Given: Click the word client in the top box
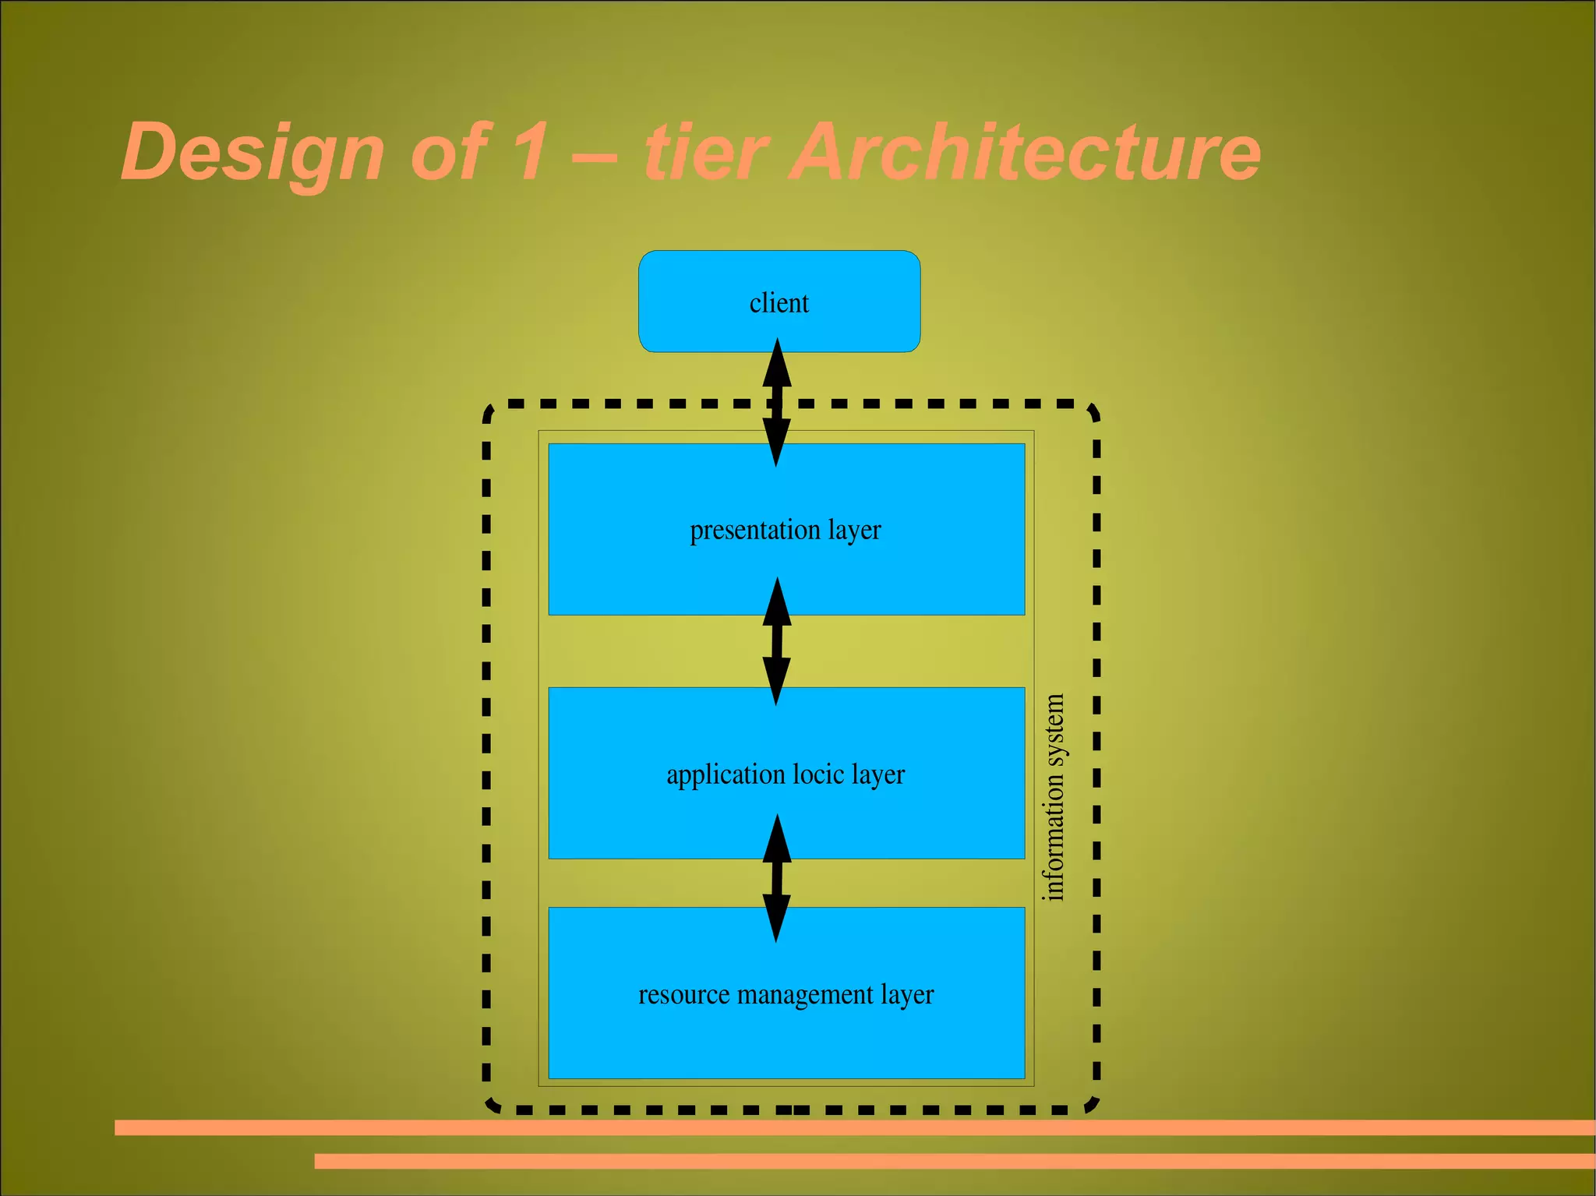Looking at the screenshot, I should [779, 302].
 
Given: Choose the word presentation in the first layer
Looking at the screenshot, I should [754, 531].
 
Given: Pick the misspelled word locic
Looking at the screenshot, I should [818, 774].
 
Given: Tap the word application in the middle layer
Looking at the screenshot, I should [726, 775].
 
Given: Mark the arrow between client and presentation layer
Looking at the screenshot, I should [776, 402].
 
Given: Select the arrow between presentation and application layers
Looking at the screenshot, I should [776, 641].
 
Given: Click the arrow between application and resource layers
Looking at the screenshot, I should [776, 878].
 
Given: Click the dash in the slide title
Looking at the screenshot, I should [594, 155].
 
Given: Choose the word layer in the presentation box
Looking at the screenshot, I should [854, 531].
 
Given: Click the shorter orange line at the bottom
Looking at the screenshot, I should [955, 1161].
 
